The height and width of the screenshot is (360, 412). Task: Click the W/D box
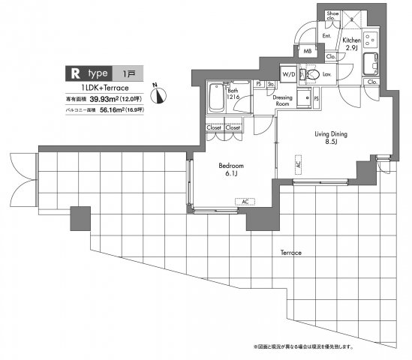[288, 74]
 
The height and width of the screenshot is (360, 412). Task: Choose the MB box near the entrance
[306, 51]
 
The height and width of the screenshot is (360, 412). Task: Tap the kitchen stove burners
[369, 38]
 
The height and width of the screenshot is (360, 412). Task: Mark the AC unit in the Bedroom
[244, 201]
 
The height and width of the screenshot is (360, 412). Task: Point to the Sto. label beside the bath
[271, 85]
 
